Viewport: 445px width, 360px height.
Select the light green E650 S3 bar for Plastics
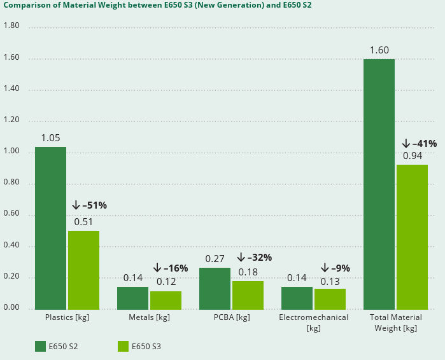[x=83, y=270]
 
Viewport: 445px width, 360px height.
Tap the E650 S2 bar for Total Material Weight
[x=379, y=184]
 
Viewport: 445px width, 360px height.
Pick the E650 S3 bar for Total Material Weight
[x=412, y=237]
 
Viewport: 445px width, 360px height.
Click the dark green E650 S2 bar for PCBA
[x=215, y=288]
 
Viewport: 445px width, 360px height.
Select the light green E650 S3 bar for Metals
[x=166, y=300]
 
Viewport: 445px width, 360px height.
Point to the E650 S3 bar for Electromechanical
[x=330, y=299]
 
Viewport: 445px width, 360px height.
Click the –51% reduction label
[x=89, y=205]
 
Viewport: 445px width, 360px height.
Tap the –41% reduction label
[x=419, y=144]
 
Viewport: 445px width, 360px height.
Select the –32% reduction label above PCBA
[x=254, y=258]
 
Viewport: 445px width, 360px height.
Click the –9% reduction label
[x=335, y=268]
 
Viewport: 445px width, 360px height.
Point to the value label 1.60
[x=379, y=50]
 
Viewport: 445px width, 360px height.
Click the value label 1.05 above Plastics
[x=50, y=138]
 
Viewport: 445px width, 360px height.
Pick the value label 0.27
[x=215, y=259]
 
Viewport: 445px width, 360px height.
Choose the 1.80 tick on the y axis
[x=11, y=26]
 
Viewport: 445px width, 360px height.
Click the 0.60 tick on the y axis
[x=11, y=215]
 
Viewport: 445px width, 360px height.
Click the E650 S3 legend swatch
[x=123, y=346]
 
